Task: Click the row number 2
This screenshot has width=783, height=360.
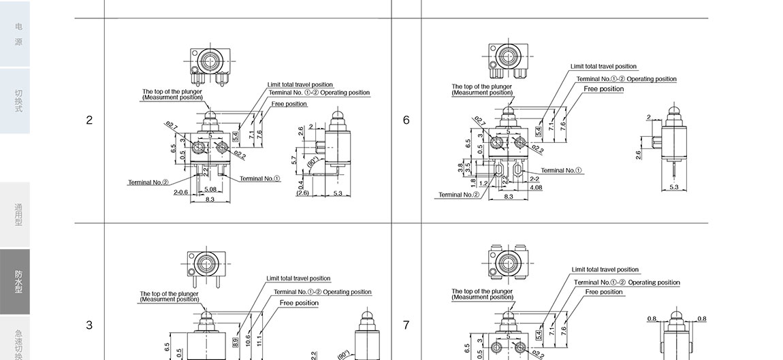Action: [89, 120]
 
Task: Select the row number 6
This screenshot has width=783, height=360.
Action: [406, 120]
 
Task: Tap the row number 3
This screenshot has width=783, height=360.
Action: [89, 325]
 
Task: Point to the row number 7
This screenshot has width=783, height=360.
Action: [406, 325]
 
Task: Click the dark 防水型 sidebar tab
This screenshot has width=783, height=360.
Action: [18, 282]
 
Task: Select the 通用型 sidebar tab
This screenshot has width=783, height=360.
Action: [18, 215]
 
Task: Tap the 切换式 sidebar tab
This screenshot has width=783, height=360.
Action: [18, 101]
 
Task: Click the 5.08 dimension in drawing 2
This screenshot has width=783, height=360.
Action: [210, 189]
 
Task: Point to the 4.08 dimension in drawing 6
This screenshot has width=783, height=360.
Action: [536, 187]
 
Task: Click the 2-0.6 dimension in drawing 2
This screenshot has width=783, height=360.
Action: [180, 193]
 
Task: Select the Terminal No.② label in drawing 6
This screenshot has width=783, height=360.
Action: [458, 195]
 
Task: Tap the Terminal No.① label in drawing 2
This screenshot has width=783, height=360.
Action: [260, 179]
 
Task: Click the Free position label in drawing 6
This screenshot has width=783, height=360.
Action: [603, 89]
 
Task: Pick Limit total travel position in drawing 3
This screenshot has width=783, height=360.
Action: [298, 278]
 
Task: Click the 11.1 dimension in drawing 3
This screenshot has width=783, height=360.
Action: [259, 340]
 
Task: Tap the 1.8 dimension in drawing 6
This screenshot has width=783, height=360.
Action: [473, 182]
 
